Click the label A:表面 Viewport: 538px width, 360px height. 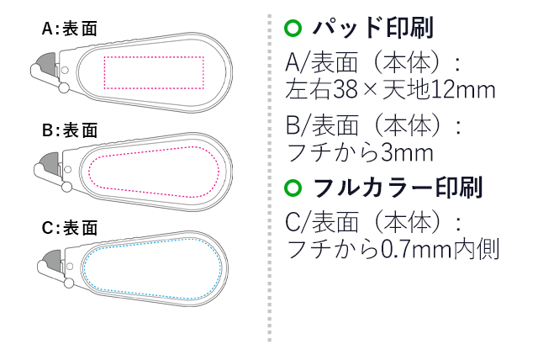pos(70,29)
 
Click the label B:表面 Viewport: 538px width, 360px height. pos(70,130)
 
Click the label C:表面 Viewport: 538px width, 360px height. pos(70,227)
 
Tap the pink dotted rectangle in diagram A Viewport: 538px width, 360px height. pos(152,72)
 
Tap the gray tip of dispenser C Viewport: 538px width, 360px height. pos(50,267)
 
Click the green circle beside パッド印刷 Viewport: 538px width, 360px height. pos(293,29)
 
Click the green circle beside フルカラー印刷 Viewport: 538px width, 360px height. pos(293,187)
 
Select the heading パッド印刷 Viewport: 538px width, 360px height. pos(372,29)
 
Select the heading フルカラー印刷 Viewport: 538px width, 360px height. pos(397,187)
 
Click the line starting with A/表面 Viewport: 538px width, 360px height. pos(374,62)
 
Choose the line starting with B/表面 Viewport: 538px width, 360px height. pos(374,126)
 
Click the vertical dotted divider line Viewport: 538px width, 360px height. pos(269,177)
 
